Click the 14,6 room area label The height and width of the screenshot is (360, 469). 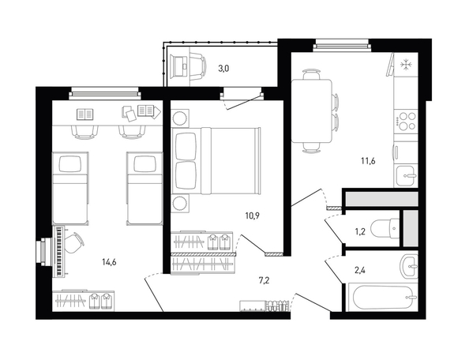pyautogui.click(x=109, y=263)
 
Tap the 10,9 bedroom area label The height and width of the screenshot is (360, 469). pyautogui.click(x=252, y=216)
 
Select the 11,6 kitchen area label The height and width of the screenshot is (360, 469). pyautogui.click(x=368, y=161)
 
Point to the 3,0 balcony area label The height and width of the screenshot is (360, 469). pyautogui.click(x=223, y=69)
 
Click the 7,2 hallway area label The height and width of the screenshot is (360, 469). pyautogui.click(x=264, y=280)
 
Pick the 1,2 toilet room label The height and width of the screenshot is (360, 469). pyautogui.click(x=361, y=232)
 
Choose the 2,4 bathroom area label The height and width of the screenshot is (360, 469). pyautogui.click(x=360, y=271)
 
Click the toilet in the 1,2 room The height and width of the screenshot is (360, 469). pyautogui.click(x=385, y=228)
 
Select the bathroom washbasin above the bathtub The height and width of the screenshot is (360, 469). pyautogui.click(x=408, y=266)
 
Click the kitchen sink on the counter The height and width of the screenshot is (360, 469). pyautogui.click(x=405, y=176)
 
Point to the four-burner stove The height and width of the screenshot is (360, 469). pyautogui.click(x=406, y=121)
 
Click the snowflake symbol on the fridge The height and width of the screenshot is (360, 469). pyautogui.click(x=406, y=66)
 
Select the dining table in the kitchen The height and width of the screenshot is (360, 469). pyautogui.click(x=312, y=111)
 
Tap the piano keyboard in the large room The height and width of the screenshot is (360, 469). pyautogui.click(x=60, y=251)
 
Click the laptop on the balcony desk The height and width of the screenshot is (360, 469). pyautogui.click(x=179, y=66)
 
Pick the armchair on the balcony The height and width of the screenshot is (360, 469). pyautogui.click(x=197, y=66)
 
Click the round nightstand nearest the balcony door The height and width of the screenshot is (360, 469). pyautogui.click(x=180, y=118)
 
